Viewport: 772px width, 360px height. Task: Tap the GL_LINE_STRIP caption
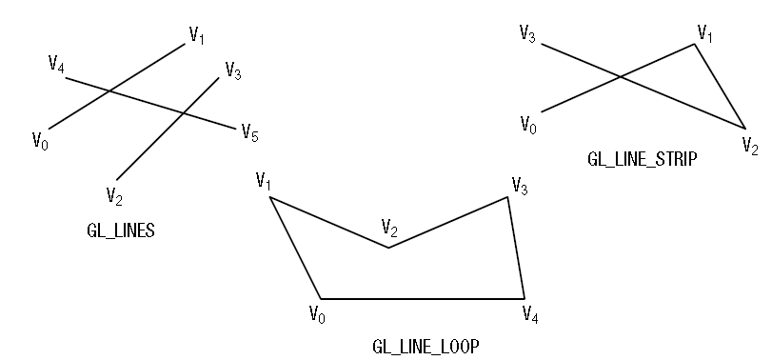pos(642,160)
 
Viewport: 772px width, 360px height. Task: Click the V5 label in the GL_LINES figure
pos(249,131)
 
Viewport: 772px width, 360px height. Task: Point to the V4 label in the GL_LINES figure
pos(57,65)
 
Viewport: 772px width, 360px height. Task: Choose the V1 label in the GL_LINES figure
pos(197,36)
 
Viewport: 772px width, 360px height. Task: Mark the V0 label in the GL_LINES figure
pos(40,141)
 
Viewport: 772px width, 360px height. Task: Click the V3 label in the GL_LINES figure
pos(233,70)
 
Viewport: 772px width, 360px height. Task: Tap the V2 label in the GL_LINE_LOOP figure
pos(389,228)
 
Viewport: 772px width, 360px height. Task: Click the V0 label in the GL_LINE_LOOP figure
pos(317,313)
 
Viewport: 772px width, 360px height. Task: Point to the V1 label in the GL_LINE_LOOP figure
pos(265,180)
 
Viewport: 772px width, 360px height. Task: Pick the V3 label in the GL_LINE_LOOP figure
pos(520,185)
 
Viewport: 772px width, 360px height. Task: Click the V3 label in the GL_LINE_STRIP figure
pos(527,35)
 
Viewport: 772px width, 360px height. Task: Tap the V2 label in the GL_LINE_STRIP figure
pos(750,146)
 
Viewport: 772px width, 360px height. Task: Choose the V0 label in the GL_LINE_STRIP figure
pos(527,124)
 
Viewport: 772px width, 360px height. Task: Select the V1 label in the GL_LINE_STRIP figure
pos(704,34)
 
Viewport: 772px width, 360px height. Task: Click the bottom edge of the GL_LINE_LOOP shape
pos(422,299)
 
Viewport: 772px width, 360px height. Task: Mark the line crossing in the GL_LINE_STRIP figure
pos(621,76)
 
